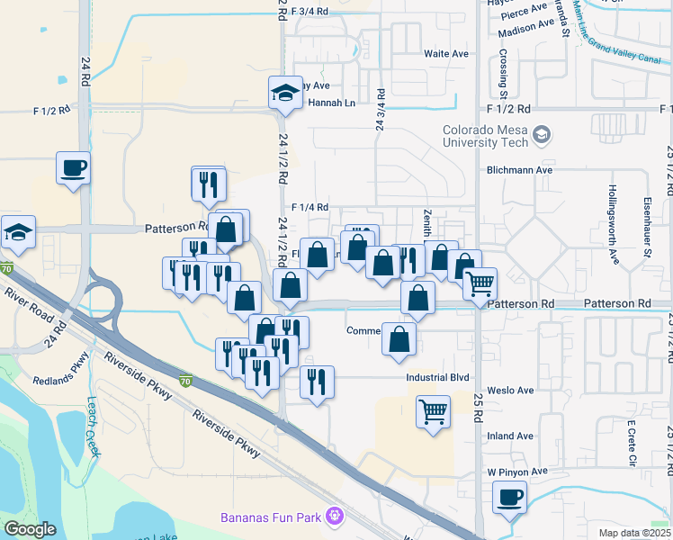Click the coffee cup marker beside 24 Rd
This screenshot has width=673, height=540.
(x=73, y=166)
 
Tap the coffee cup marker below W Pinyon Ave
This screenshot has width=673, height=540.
(x=510, y=497)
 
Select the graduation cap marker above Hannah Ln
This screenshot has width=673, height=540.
(x=285, y=93)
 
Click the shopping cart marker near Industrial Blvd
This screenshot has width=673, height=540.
(x=433, y=412)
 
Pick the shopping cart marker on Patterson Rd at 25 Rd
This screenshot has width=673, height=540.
(x=480, y=283)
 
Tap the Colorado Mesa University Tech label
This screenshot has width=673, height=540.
(x=483, y=135)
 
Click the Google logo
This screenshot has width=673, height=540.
(x=30, y=529)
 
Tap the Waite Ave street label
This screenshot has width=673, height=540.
(x=446, y=54)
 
